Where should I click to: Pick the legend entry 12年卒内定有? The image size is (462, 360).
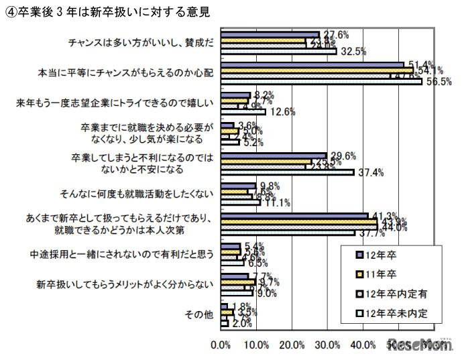click(x=400, y=293)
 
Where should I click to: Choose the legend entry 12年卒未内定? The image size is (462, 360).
click(x=400, y=312)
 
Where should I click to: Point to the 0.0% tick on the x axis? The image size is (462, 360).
click(x=221, y=346)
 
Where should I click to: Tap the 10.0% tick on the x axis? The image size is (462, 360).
click(x=257, y=346)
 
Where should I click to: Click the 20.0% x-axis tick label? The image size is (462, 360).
click(x=293, y=346)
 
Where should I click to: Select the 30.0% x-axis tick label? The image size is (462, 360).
click(x=329, y=346)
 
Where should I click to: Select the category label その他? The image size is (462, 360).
click(x=202, y=314)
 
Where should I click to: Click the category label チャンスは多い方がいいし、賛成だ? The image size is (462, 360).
click(x=141, y=42)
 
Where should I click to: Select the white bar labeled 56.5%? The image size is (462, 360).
click(x=321, y=82)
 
